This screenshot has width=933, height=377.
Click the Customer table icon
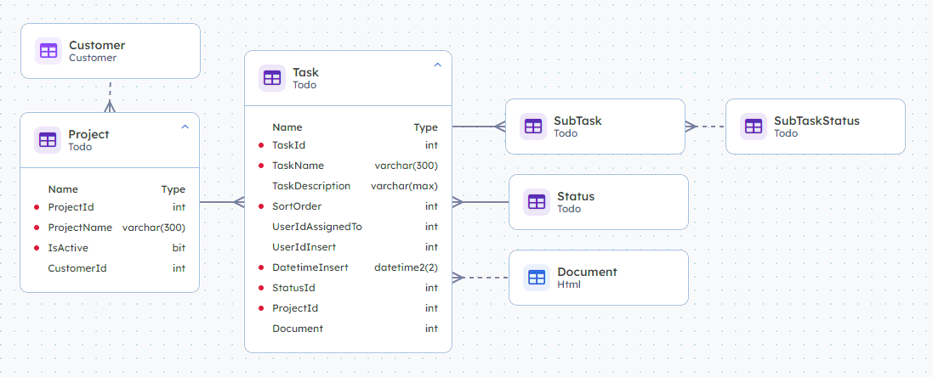tap(48, 51)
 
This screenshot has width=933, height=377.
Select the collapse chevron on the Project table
tap(185, 127)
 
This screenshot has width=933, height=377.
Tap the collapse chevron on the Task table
tap(437, 65)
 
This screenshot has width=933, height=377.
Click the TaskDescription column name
tap(311, 186)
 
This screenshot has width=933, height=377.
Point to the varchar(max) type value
tap(404, 186)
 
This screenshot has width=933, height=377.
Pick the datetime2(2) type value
tap(406, 267)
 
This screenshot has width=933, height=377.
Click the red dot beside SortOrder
tap(261, 206)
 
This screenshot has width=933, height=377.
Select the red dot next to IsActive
tap(37, 248)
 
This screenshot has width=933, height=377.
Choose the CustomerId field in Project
tap(77, 268)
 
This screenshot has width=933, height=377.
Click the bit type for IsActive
tap(179, 248)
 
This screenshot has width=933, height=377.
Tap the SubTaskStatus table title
tap(817, 121)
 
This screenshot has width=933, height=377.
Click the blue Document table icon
tap(537, 278)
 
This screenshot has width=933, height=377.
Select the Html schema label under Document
tap(569, 285)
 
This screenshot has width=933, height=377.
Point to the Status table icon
tap(537, 202)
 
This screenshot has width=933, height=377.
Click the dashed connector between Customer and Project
tap(110, 96)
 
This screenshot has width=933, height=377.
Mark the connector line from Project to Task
tap(222, 202)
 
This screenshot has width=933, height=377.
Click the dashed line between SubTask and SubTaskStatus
tap(706, 127)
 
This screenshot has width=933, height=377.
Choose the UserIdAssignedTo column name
tap(317, 227)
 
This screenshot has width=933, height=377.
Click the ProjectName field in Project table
tap(80, 228)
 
